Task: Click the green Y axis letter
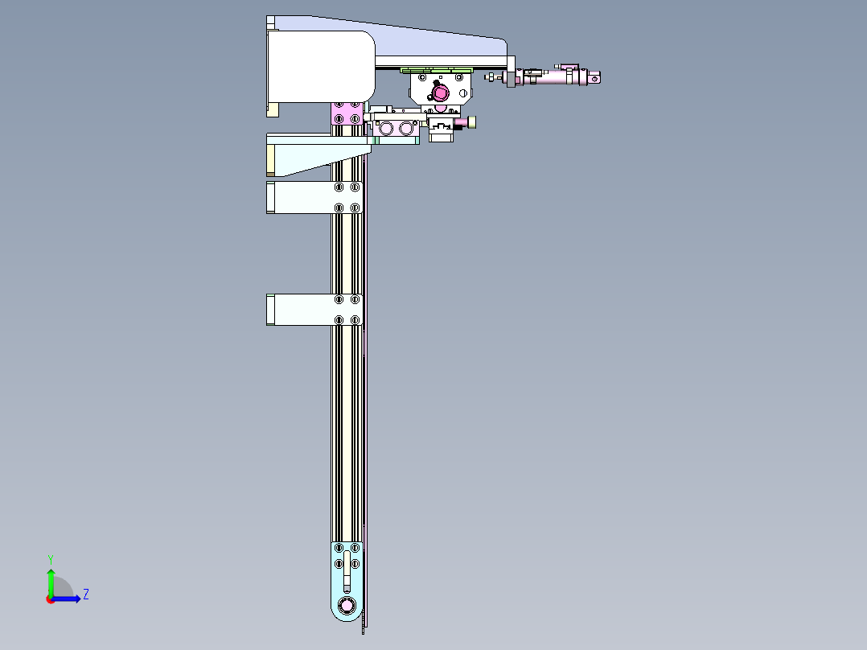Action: pyautogui.click(x=51, y=559)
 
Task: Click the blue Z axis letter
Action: pyautogui.click(x=86, y=594)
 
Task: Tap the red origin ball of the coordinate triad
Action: pyautogui.click(x=51, y=599)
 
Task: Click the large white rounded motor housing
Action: pyautogui.click(x=321, y=67)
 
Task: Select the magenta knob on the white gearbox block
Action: pyautogui.click(x=440, y=93)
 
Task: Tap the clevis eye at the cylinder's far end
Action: pyautogui.click(x=594, y=79)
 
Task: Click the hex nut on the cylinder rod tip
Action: pyautogui.click(x=490, y=77)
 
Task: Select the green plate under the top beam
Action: pyautogui.click(x=437, y=70)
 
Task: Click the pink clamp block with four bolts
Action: pyautogui.click(x=347, y=113)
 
